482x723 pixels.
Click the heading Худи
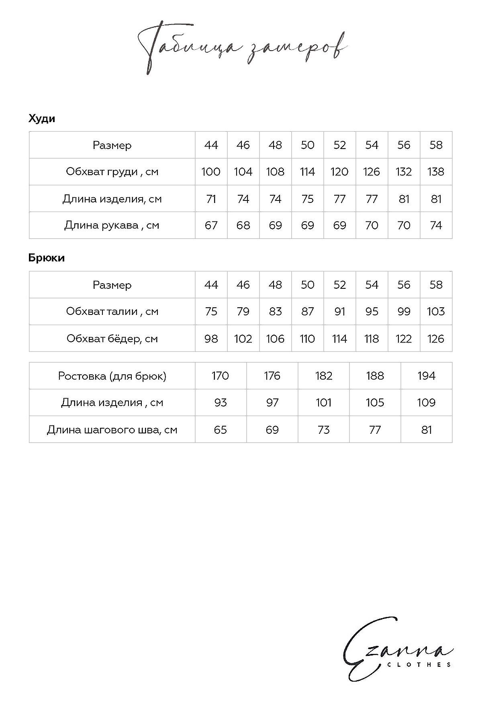tap(42, 119)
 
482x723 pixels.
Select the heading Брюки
tap(47, 258)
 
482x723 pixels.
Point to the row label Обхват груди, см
tap(112, 172)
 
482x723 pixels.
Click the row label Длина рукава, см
tap(112, 225)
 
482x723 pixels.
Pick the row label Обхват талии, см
tap(112, 311)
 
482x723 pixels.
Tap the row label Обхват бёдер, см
tap(112, 339)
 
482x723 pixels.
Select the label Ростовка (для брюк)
tap(112, 376)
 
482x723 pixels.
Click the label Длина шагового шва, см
tap(112, 430)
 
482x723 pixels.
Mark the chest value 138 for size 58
tap(436, 172)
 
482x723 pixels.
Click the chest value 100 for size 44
tap(211, 172)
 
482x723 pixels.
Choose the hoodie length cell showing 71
tap(211, 199)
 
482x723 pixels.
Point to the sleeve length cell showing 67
tap(211, 225)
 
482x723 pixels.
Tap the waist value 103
tap(436, 311)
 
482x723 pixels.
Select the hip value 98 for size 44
tap(211, 339)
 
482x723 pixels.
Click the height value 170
tap(221, 376)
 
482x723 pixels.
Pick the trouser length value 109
tap(426, 402)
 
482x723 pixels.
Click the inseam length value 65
tap(221, 430)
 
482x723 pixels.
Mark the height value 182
tap(323, 376)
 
